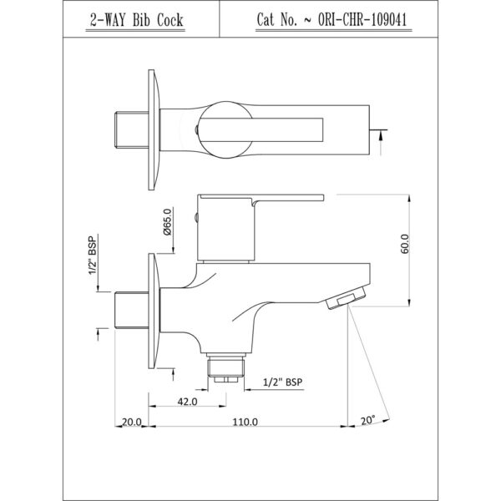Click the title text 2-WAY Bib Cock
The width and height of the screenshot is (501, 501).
[x=136, y=20]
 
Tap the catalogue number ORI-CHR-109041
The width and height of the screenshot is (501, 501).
[x=362, y=20]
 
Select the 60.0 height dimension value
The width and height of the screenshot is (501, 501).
[x=404, y=244]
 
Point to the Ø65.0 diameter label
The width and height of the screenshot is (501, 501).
[x=168, y=222]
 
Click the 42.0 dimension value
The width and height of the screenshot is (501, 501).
[x=187, y=402]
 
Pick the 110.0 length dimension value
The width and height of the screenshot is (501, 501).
[x=245, y=422]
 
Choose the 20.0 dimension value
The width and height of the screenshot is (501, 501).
[x=132, y=422]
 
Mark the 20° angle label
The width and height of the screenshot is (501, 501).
[x=367, y=421]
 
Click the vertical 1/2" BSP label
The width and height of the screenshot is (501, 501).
[x=93, y=256]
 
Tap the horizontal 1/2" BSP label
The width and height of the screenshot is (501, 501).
[x=282, y=382]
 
